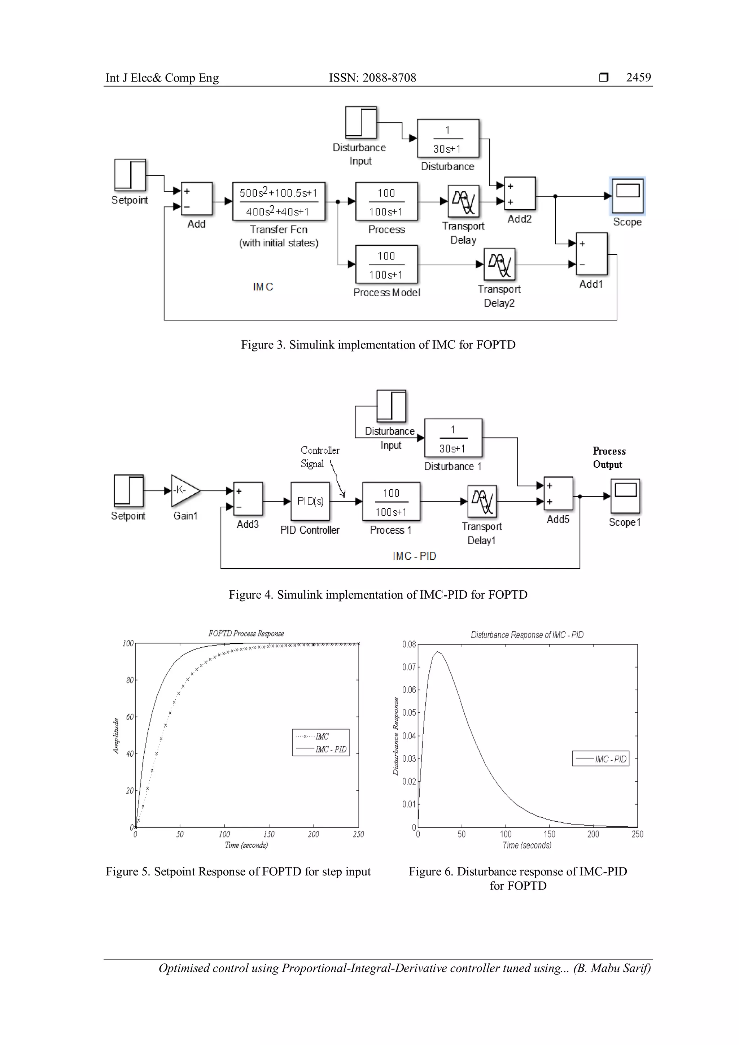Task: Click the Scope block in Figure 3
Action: tap(628, 196)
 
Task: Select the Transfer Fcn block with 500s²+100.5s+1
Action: tap(279, 202)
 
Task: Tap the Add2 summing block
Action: tap(520, 194)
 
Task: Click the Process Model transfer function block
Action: tap(386, 264)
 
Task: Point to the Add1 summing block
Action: tap(591, 254)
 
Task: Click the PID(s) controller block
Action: tap(310, 501)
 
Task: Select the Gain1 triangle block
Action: tap(184, 491)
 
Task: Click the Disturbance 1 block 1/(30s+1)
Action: tap(453, 438)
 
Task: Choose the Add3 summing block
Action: tap(248, 498)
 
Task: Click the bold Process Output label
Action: tap(608, 458)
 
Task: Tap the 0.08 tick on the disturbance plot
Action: tap(408, 644)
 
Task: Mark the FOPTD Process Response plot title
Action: tap(246, 634)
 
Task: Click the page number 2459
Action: tap(638, 77)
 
